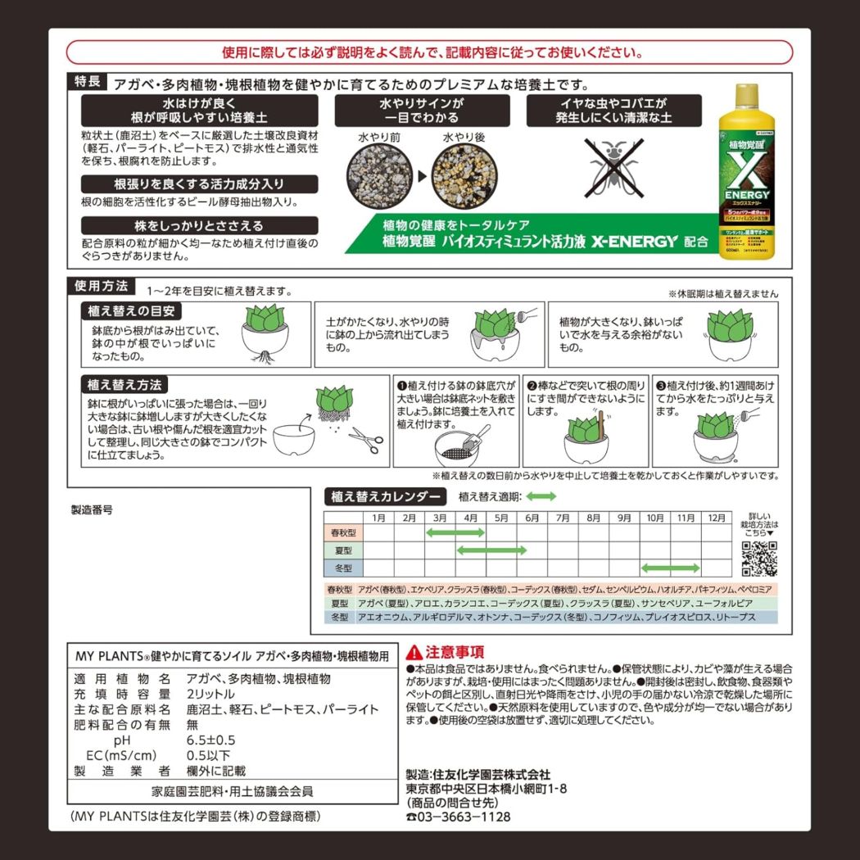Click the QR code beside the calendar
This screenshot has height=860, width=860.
(758, 559)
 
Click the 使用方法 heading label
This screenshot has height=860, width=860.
(102, 287)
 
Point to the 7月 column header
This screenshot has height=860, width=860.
(563, 518)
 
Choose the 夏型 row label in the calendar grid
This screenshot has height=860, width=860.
(342, 550)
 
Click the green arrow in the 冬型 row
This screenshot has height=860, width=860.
(670, 568)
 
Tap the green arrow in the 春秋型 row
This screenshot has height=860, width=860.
(455, 533)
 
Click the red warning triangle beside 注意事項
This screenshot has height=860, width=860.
(414, 652)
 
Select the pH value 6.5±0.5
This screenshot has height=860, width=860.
(210, 740)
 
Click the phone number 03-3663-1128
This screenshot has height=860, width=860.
(464, 817)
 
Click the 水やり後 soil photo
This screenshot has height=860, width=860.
(464, 174)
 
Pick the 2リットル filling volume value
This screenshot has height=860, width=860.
(211, 694)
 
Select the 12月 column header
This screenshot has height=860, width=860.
(717, 518)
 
